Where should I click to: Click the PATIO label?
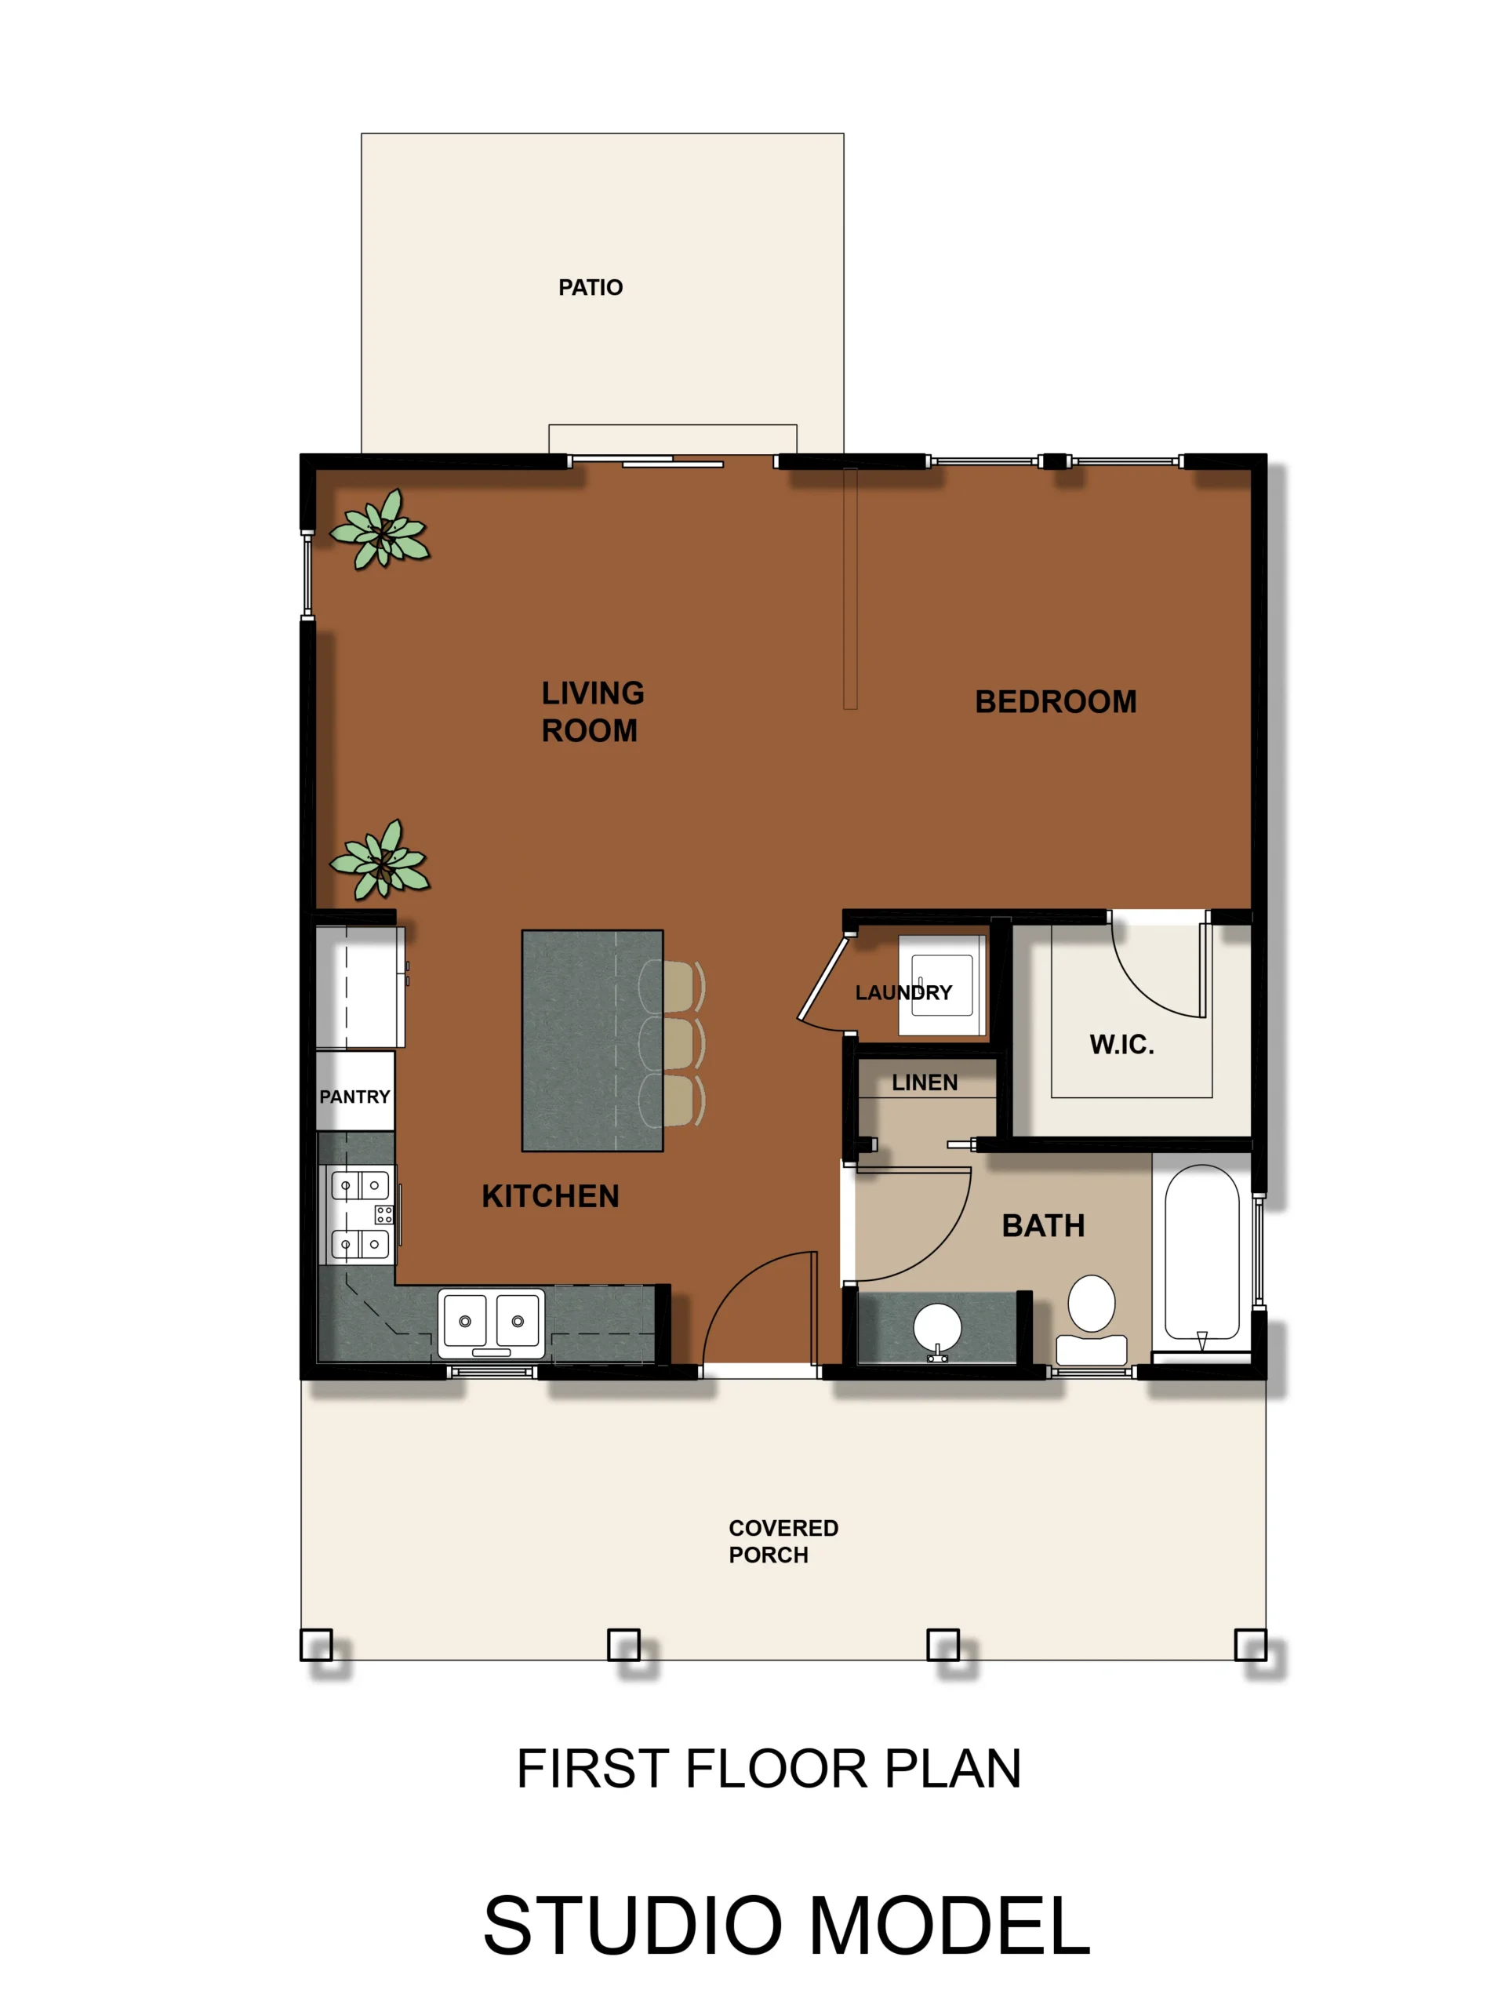point(590,288)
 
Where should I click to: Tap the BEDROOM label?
point(1056,702)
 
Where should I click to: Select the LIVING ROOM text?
point(593,711)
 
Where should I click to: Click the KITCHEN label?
point(550,1196)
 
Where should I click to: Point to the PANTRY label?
point(354,1097)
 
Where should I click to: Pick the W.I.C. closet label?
point(1121,1045)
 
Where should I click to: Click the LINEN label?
point(925,1083)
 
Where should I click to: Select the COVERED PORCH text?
point(783,1541)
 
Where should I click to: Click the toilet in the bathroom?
point(1092,1320)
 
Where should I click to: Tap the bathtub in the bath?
point(1201,1252)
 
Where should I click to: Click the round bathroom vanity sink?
point(937,1327)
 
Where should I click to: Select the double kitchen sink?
point(491,1323)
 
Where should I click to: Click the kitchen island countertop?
point(593,1040)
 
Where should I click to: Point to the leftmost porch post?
point(316,1645)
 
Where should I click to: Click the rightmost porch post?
point(1251,1645)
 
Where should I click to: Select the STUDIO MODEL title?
point(787,1926)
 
